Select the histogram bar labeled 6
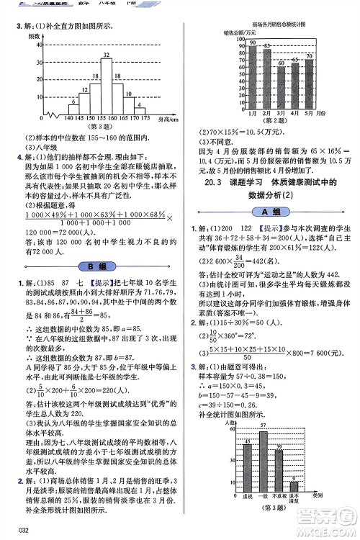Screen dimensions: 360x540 [73, 108]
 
